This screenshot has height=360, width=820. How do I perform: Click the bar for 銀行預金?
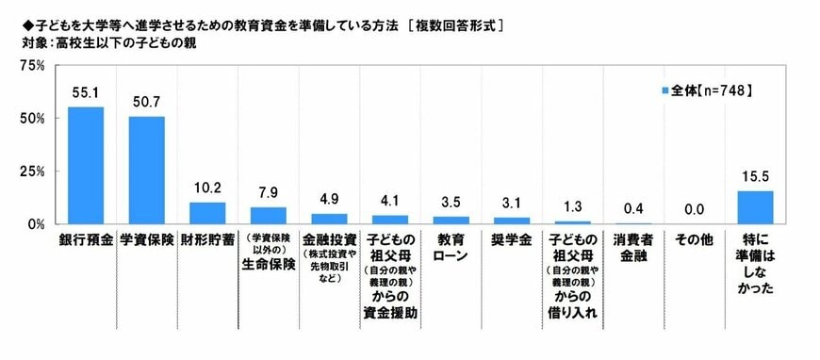coord(85,166)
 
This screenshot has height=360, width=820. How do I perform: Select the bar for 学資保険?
coord(146,171)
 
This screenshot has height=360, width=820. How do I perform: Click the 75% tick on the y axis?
coord(33,66)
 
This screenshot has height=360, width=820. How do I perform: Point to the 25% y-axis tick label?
coord(33,172)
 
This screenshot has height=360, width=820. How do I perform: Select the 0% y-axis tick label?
coord(37,224)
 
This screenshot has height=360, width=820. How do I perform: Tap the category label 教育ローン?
coord(451,248)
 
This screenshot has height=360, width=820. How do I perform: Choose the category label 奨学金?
coord(512,240)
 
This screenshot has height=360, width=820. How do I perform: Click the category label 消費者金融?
coord(633,248)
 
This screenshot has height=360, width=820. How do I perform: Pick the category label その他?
coord(695,240)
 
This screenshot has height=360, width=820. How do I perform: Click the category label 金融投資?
coord(329,240)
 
